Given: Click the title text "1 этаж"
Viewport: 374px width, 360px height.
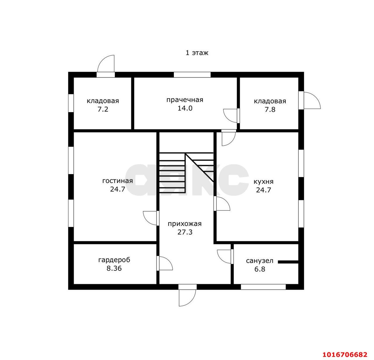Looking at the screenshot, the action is (x=197, y=53).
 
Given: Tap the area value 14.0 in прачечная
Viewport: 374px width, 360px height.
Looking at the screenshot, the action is (x=185, y=108).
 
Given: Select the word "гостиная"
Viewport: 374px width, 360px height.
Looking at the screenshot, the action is (x=117, y=181).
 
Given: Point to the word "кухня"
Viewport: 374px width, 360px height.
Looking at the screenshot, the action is (x=264, y=182).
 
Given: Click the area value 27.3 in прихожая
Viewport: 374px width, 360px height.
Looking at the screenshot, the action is (x=185, y=232).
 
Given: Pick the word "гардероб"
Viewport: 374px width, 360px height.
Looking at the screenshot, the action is (x=114, y=260).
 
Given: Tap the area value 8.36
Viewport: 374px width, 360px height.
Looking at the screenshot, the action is (x=114, y=268).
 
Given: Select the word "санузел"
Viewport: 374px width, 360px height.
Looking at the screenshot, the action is (x=259, y=261).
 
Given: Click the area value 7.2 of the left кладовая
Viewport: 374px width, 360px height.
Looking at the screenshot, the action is (x=103, y=109).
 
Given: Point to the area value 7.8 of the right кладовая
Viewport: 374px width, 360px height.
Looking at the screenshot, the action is (x=270, y=109).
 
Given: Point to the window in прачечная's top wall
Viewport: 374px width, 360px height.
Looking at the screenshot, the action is (x=192, y=75).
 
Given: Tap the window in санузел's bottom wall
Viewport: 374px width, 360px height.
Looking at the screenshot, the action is (x=263, y=287).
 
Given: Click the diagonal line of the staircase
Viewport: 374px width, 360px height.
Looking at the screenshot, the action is (x=199, y=167).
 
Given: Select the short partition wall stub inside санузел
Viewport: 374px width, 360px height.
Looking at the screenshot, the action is (x=288, y=262).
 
